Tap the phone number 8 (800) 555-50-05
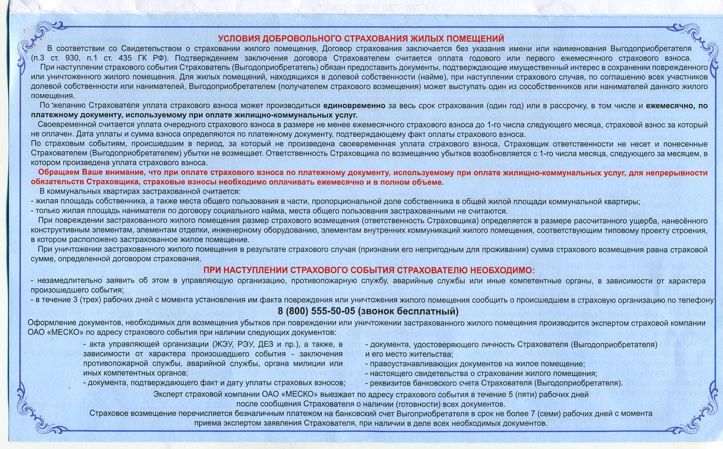(x=316, y=311)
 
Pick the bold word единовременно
(x=354, y=105)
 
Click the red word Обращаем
(x=59, y=172)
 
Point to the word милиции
(x=314, y=363)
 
